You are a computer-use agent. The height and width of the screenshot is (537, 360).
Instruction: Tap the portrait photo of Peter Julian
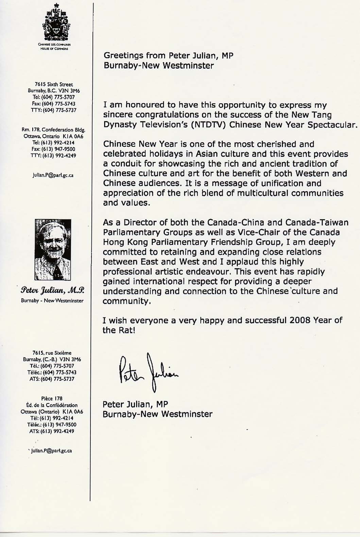[x=53, y=249]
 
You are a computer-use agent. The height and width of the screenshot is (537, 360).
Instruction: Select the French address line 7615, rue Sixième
[x=52, y=353]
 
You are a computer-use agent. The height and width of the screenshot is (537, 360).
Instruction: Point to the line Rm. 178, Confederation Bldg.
[x=53, y=130]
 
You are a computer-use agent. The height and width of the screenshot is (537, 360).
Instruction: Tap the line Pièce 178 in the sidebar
[x=52, y=398]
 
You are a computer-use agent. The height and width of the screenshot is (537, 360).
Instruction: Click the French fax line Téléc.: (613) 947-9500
[x=52, y=425]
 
